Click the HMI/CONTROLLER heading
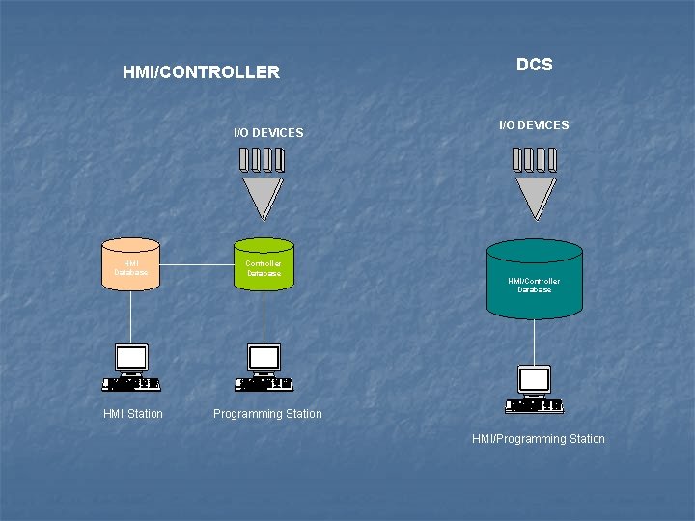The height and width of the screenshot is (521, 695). (201, 72)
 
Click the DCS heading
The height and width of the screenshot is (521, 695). (534, 65)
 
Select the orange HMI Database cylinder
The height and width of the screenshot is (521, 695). (131, 263)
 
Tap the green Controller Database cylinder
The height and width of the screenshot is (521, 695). (264, 263)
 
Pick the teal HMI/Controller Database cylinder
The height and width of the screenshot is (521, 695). (534, 281)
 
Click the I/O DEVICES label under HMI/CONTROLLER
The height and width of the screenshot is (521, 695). (268, 132)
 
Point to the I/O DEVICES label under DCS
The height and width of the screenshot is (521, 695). (534, 125)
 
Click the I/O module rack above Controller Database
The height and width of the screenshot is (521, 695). (263, 158)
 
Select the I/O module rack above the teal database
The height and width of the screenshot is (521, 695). (535, 158)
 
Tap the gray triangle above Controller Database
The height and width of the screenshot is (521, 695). (263, 197)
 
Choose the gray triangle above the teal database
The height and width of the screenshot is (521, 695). (535, 197)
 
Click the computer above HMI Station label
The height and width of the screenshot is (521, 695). (131, 368)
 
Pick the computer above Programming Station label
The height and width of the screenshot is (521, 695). (264, 368)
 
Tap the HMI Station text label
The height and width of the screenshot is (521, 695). (133, 414)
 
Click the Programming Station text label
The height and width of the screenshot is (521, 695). (267, 414)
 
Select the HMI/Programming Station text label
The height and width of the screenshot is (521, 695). (538, 439)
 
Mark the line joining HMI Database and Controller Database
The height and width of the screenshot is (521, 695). (197, 264)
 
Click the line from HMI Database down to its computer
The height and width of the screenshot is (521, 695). (131, 315)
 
